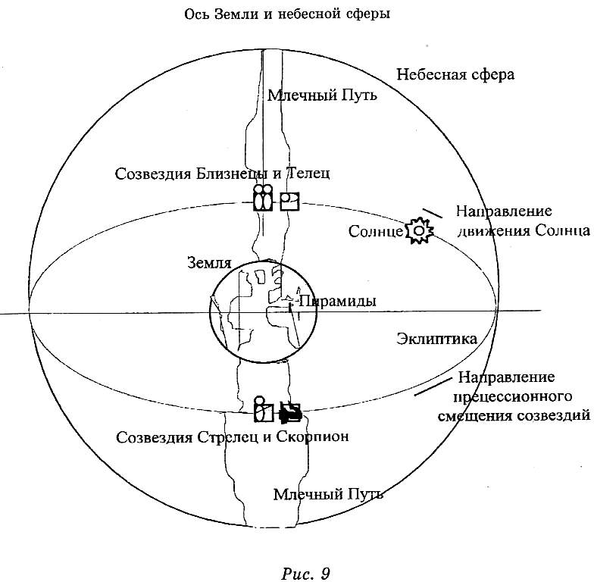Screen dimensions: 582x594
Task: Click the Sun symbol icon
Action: (419, 230)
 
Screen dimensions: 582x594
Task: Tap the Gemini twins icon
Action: (262, 199)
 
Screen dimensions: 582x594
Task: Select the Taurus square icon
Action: (289, 202)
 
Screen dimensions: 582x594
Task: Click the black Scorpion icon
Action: (290, 412)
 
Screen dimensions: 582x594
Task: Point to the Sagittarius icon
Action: (262, 410)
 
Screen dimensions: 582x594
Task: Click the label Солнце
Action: (376, 231)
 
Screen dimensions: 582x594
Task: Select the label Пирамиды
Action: (338, 301)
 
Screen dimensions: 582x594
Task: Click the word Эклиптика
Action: (437, 339)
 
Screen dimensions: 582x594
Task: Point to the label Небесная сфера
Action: (455, 75)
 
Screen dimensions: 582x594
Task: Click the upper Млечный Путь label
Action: (323, 96)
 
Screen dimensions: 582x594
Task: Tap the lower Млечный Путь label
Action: (328, 495)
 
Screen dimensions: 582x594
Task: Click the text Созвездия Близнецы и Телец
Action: (223, 174)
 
